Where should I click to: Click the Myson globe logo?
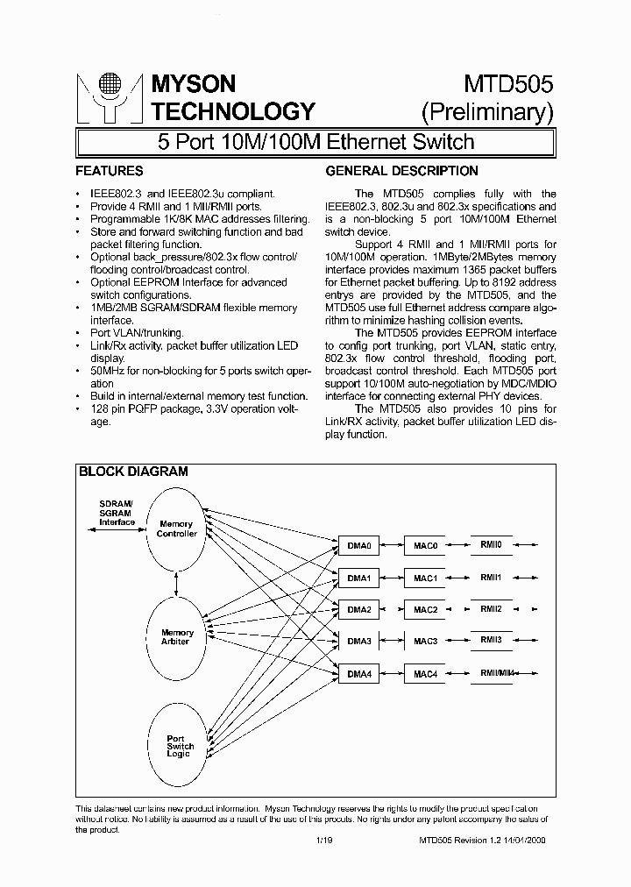109,96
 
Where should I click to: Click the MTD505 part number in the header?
507,84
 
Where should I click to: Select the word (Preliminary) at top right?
487,111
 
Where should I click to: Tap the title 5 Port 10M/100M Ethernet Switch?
315,141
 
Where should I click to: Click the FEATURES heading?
110,171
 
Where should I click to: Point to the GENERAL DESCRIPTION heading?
402,171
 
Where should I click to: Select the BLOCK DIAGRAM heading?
133,472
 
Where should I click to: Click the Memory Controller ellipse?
176,529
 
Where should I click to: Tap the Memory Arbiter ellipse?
176,636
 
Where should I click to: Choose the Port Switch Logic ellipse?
180,746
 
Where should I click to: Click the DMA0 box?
359,546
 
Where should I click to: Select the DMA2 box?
359,609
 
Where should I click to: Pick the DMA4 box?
359,673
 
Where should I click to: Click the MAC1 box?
425,578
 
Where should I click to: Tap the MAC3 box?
425,642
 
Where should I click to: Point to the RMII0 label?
491,544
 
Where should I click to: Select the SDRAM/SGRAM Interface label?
117,513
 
